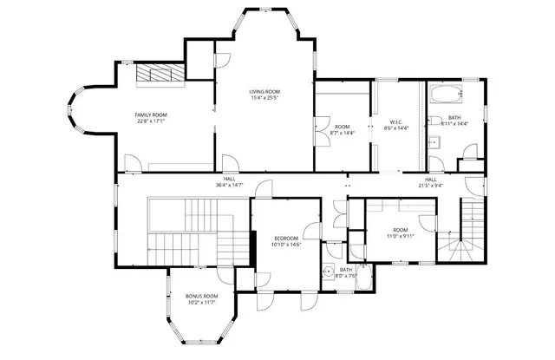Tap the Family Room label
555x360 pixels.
tap(150, 115)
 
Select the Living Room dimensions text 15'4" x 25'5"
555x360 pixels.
tap(264, 98)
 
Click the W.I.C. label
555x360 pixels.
tap(396, 121)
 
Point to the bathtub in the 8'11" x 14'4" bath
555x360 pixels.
tap(449, 94)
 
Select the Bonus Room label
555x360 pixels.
tap(202, 296)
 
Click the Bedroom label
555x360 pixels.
tap(285, 238)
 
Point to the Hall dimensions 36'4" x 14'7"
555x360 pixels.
tap(229, 185)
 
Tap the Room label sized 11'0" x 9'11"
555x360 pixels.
tap(401, 229)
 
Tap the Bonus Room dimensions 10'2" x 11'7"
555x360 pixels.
tap(202, 304)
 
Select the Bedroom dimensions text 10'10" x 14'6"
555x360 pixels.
tap(285, 245)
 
